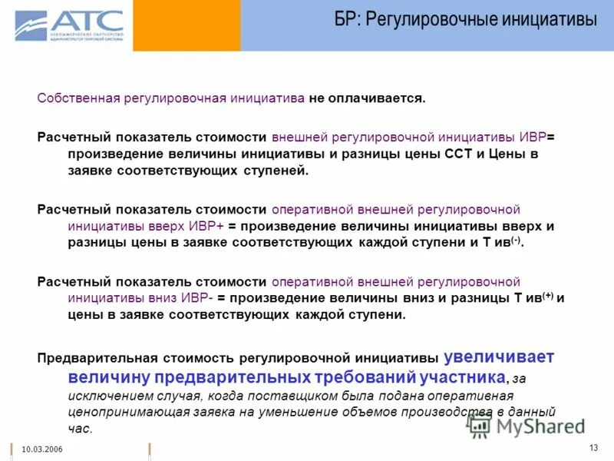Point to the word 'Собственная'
(x=77, y=98)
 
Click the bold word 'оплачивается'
(x=383, y=98)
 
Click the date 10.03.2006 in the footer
(x=42, y=449)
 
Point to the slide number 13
(x=593, y=448)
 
